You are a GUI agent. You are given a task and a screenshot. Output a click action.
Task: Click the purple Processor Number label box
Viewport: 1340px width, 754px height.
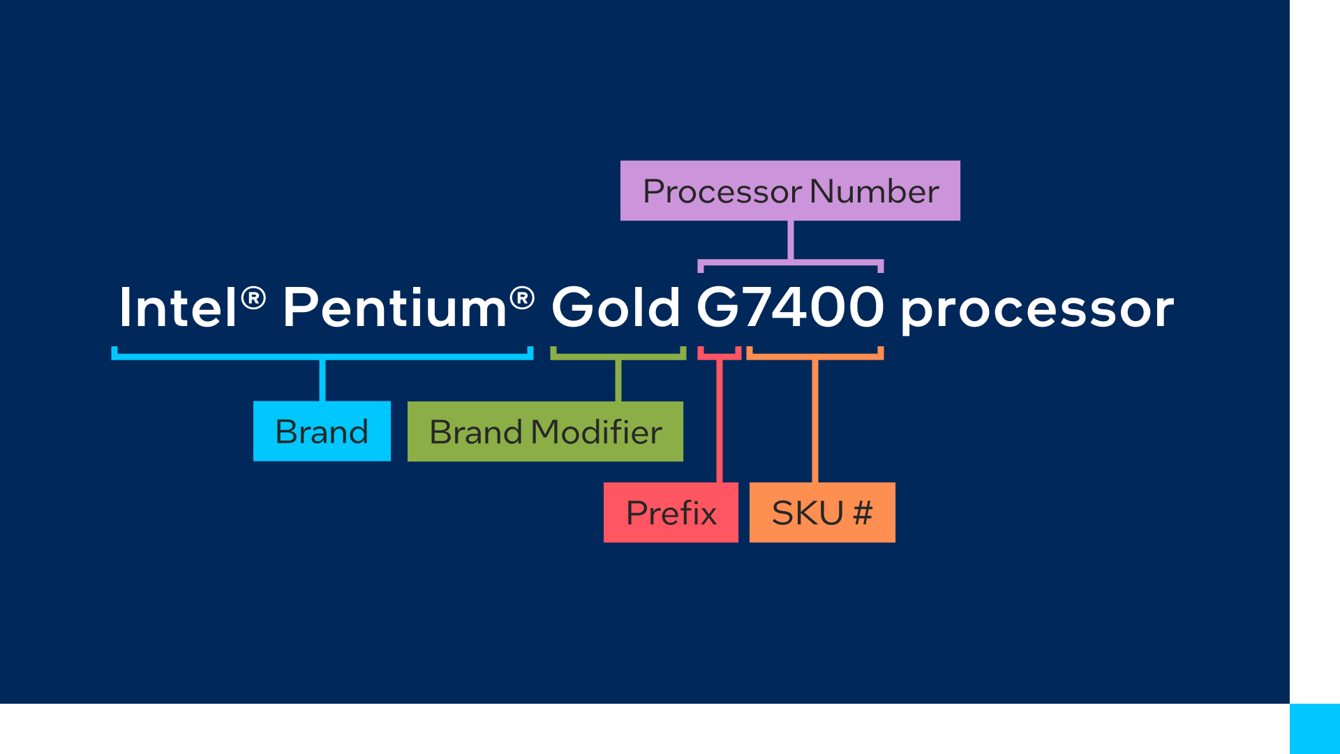click(790, 191)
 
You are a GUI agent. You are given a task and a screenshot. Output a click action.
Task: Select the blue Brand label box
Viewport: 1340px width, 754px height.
click(322, 431)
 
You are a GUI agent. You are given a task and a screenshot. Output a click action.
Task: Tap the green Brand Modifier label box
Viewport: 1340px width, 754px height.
click(545, 431)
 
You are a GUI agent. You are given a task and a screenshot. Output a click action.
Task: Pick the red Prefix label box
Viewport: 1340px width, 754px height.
click(671, 512)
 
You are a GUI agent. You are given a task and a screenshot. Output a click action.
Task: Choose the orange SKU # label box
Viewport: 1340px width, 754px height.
click(822, 512)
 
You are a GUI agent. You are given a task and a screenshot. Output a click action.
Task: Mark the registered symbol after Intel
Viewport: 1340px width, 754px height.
click(253, 298)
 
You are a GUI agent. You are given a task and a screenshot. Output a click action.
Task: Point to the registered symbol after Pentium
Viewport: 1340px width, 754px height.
click(522, 298)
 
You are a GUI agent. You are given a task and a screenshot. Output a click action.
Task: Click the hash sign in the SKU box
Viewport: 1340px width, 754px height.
click(863, 513)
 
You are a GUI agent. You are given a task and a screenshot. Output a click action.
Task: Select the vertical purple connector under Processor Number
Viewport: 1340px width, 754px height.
click(790, 240)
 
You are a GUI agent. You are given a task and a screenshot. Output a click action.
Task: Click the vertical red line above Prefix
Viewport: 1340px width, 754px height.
click(720, 419)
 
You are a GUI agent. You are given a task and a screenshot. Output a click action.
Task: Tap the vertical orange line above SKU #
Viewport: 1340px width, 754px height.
click(814, 419)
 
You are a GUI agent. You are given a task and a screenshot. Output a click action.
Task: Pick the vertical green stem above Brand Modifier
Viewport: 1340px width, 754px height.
click(618, 380)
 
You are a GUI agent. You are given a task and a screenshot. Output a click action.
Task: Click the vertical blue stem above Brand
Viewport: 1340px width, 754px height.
click(322, 380)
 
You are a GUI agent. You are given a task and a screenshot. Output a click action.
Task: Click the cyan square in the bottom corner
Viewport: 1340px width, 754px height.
click(1315, 729)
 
